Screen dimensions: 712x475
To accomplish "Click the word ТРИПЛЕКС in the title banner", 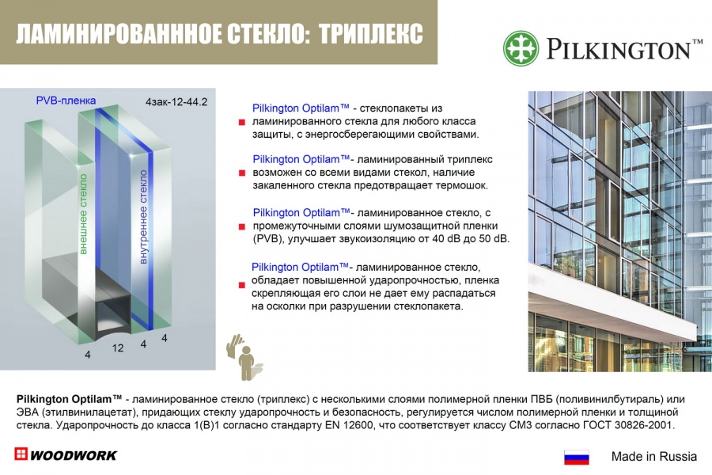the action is tap(371, 33).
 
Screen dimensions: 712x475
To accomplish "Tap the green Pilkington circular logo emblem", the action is tap(521, 48).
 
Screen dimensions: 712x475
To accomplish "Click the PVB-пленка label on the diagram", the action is tap(66, 100).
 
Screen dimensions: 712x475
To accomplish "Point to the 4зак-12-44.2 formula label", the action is tap(176, 101).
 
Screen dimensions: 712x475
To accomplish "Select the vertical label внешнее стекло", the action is tap(83, 214).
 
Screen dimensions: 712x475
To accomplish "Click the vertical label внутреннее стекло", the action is tap(143, 217).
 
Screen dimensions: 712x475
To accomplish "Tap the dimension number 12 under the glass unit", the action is tap(118, 348).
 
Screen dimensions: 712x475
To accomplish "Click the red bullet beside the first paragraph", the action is tap(241, 122).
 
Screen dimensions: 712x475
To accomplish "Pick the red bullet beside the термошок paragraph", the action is tap(241, 173).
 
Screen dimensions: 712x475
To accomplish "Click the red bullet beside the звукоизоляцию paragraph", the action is tap(241, 226).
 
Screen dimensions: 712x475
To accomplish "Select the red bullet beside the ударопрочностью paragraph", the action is tap(241, 285).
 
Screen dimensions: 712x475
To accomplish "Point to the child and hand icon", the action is tap(244, 357).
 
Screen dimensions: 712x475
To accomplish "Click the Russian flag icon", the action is tap(576, 457).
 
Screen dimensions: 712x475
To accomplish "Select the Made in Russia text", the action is tap(654, 456).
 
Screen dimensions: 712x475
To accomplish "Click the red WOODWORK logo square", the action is tap(21, 454).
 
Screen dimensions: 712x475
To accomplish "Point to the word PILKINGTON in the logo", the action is tap(618, 48).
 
